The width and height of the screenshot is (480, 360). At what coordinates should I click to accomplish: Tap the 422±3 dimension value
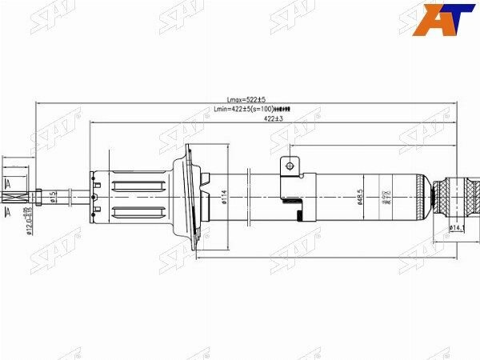pos(274,118)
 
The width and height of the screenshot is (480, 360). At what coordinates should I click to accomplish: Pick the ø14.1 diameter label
pos(457,228)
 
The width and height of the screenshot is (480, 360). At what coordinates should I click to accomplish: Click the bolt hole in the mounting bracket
pos(289,166)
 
